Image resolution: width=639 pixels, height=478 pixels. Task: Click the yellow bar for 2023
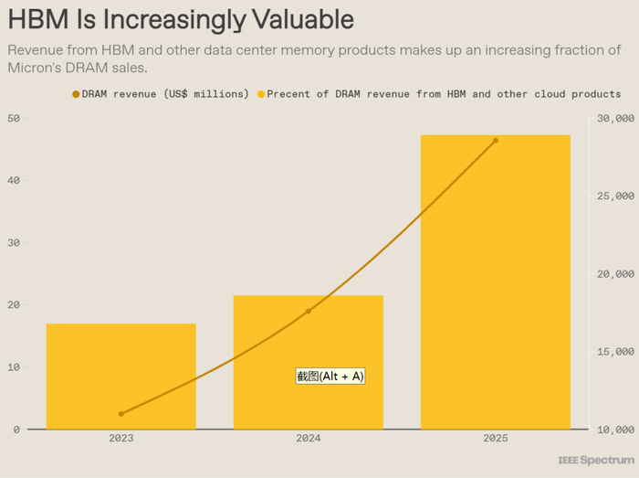(121, 376)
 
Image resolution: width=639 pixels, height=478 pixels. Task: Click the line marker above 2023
(121, 414)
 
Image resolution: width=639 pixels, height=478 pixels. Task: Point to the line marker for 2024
(309, 311)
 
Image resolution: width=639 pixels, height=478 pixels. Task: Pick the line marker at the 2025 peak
(496, 141)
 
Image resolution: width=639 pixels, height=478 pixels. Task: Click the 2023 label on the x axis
(121, 439)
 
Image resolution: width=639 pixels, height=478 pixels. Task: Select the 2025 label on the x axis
(496, 439)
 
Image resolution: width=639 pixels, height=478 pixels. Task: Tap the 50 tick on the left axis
(13, 119)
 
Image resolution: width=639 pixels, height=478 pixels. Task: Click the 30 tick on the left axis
(13, 243)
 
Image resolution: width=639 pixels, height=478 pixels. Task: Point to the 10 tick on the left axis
(13, 367)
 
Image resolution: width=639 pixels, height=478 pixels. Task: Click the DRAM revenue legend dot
(76, 94)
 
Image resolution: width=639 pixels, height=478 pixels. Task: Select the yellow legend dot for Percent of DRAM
(261, 94)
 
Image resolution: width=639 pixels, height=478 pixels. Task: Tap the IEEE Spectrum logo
(596, 460)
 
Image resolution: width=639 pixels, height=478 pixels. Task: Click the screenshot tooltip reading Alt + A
(330, 376)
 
